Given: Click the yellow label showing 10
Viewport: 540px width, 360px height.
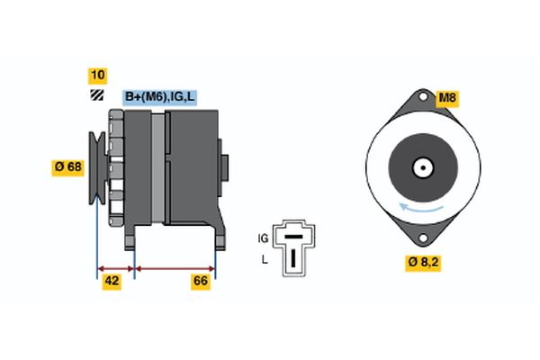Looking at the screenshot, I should (95, 75).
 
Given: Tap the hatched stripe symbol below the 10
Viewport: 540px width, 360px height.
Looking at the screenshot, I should (95, 95).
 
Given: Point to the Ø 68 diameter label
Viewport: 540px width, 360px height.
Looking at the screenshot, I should (67, 166).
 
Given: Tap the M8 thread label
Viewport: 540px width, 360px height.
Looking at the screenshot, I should (447, 97).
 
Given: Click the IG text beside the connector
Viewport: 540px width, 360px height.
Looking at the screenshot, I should (263, 238).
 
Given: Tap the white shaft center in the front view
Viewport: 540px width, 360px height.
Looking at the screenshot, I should (421, 167).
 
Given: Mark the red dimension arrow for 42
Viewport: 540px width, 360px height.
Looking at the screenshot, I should (115, 267).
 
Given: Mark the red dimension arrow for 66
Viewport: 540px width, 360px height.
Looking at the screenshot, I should (175, 267).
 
